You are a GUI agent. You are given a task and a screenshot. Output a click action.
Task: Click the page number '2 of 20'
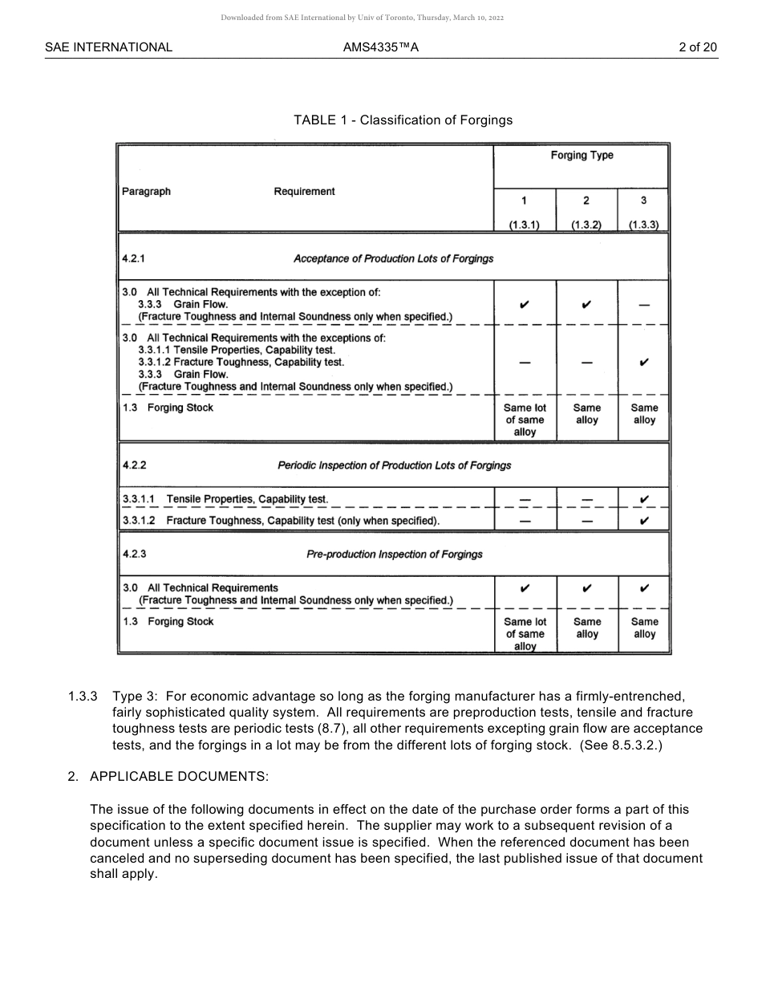pyautogui.click(x=697, y=47)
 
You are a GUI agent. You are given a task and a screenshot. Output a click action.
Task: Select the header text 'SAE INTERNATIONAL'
pyautogui.click(x=108, y=47)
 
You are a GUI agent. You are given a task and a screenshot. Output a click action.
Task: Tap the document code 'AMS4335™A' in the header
pyautogui.click(x=381, y=47)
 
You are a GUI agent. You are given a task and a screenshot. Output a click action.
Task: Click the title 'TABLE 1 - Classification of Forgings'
pyautogui.click(x=403, y=120)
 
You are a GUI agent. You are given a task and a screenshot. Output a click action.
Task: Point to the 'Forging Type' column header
pyautogui.click(x=582, y=156)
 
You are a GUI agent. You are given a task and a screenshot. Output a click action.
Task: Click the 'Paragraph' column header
pyautogui.click(x=146, y=192)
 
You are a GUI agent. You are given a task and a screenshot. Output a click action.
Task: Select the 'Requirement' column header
pyautogui.click(x=304, y=192)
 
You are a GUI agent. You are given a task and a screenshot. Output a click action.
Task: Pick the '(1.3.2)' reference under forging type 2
pyautogui.click(x=586, y=225)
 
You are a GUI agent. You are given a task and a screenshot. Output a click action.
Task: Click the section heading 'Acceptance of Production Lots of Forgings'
pyautogui.click(x=393, y=259)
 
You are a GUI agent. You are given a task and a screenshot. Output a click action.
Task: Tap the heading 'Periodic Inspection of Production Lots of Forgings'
pyautogui.click(x=394, y=466)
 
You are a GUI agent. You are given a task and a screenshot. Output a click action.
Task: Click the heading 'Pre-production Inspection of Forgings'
pyautogui.click(x=395, y=554)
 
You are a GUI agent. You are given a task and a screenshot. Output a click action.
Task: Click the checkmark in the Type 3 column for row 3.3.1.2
pyautogui.click(x=644, y=521)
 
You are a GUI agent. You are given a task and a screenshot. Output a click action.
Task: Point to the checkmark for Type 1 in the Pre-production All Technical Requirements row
pyautogui.click(x=525, y=588)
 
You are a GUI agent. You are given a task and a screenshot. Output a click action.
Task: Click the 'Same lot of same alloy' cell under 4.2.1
pyautogui.click(x=525, y=420)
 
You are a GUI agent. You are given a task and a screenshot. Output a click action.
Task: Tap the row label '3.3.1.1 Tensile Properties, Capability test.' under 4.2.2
pyautogui.click(x=225, y=499)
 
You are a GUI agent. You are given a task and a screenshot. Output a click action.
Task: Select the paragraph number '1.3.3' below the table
pyautogui.click(x=83, y=697)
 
